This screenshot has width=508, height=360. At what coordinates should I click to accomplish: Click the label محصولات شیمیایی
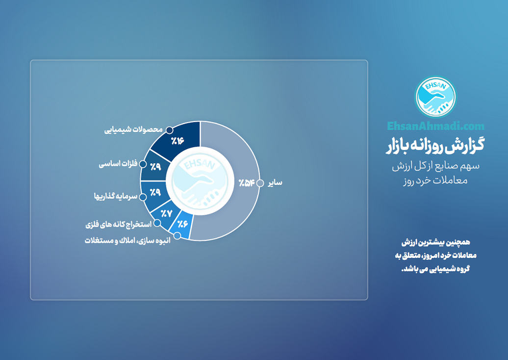133,129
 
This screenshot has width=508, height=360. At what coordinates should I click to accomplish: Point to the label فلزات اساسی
118,164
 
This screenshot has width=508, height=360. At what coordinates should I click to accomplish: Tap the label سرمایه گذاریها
116,196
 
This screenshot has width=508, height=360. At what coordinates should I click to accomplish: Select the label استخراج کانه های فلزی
119,224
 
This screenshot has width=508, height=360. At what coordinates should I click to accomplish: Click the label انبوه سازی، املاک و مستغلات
127,240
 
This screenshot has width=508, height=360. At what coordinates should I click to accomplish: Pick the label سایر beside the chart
275,183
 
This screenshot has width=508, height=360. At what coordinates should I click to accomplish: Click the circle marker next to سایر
260,183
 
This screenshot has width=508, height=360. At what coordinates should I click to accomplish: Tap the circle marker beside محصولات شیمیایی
170,130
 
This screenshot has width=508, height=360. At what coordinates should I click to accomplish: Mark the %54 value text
246,183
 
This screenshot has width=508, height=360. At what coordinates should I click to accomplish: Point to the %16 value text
178,141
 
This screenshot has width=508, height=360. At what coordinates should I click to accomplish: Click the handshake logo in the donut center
200,181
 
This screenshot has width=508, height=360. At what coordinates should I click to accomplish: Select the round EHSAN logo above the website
435,97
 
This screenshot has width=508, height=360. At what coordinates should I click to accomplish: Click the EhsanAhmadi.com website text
436,126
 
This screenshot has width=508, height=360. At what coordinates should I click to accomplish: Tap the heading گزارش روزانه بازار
435,145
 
